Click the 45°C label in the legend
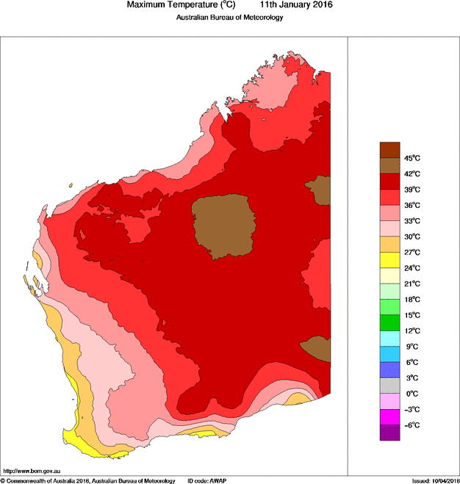pyautogui.click(x=412, y=158)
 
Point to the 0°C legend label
pyautogui.click(x=412, y=394)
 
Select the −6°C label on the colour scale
pyautogui.click(x=412, y=425)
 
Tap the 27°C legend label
pyautogui.click(x=412, y=252)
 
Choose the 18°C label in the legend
pyautogui.click(x=412, y=300)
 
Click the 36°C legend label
pyautogui.click(x=412, y=205)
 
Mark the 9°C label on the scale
pyautogui.click(x=412, y=347)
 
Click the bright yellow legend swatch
pyautogui.click(x=389, y=260)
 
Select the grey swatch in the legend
pyautogui.click(x=389, y=386)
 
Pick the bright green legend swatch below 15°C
pyautogui.click(x=389, y=322)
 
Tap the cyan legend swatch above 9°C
pyautogui.click(x=389, y=339)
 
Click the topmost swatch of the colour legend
pyautogui.click(x=389, y=150)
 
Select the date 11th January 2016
pyautogui.click(x=291, y=5)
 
